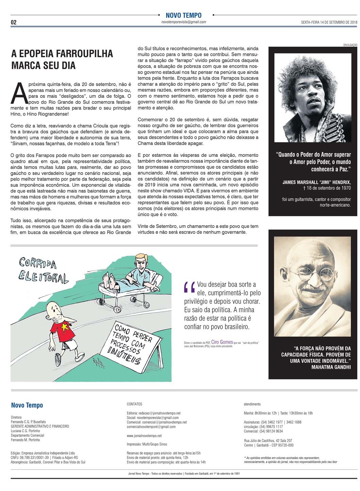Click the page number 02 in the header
[x=14, y=22]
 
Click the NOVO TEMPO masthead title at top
[x=183, y=15]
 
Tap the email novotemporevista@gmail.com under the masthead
[x=184, y=22]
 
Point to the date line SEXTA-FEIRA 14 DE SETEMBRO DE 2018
[x=329, y=22]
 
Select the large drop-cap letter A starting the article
[x=19, y=94]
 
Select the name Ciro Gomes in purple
[x=222, y=342]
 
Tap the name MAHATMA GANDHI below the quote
[x=331, y=367]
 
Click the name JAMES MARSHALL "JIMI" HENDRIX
[x=316, y=182]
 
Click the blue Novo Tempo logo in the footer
[x=27, y=405]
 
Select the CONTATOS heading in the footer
[x=134, y=404]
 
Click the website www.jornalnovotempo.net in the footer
[x=144, y=436]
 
